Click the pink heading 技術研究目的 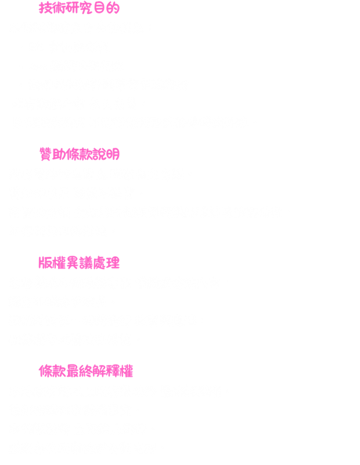[79, 8]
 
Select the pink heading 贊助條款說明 [80, 154]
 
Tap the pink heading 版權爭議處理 [79, 262]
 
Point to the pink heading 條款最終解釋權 [88, 371]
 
